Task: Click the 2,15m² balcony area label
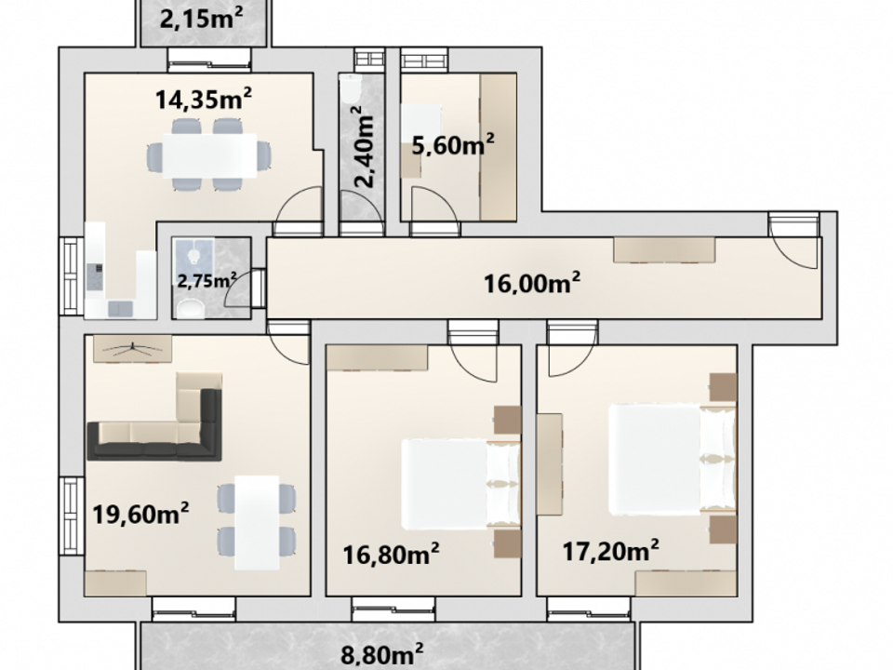click(201, 20)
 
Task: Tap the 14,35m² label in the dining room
click(204, 100)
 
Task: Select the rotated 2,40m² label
click(363, 147)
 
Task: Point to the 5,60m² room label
click(453, 145)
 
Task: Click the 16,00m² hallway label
click(532, 283)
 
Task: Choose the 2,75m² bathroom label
click(207, 280)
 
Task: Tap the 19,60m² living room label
click(140, 514)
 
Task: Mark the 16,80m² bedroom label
click(392, 554)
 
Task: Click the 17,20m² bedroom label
click(611, 551)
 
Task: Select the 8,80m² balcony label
click(382, 654)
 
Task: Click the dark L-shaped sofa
click(154, 424)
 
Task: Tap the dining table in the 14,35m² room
click(209, 155)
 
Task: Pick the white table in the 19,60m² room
click(257, 522)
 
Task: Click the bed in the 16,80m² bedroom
click(461, 484)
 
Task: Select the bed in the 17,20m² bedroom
click(673, 459)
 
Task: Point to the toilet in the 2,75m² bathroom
click(191, 308)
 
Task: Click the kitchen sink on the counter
click(120, 308)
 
